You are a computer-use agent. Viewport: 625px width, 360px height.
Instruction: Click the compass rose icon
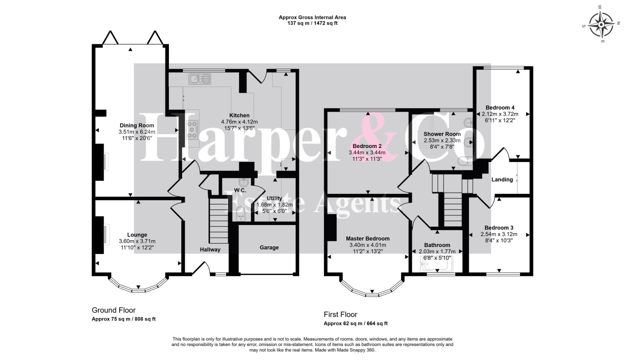[601, 25]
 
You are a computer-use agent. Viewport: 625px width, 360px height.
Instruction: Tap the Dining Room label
[137, 125]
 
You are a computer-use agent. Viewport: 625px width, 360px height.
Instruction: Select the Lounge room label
[137, 235]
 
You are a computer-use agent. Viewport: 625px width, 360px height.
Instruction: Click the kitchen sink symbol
[200, 79]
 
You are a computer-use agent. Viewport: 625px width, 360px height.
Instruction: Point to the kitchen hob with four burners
[192, 129]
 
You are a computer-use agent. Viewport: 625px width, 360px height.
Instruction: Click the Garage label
[269, 247]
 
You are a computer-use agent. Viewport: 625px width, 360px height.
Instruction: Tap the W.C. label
[240, 190]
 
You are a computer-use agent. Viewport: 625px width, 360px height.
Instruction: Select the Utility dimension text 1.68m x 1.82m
[275, 205]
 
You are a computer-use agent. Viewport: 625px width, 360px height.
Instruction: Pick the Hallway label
[210, 249]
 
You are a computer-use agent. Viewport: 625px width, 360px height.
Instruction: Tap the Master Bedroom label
[367, 238]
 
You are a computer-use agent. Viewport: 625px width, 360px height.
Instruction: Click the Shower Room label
[442, 134]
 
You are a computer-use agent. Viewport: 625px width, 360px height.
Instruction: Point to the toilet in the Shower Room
[465, 162]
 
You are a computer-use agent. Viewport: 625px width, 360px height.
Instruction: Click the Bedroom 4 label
[500, 107]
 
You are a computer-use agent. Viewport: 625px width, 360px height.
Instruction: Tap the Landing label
[502, 179]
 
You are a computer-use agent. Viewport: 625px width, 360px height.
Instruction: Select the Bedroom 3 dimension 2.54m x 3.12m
[499, 234]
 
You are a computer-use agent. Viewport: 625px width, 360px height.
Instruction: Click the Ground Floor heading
[114, 310]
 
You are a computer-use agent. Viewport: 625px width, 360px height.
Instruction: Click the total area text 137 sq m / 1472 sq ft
[312, 23]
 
